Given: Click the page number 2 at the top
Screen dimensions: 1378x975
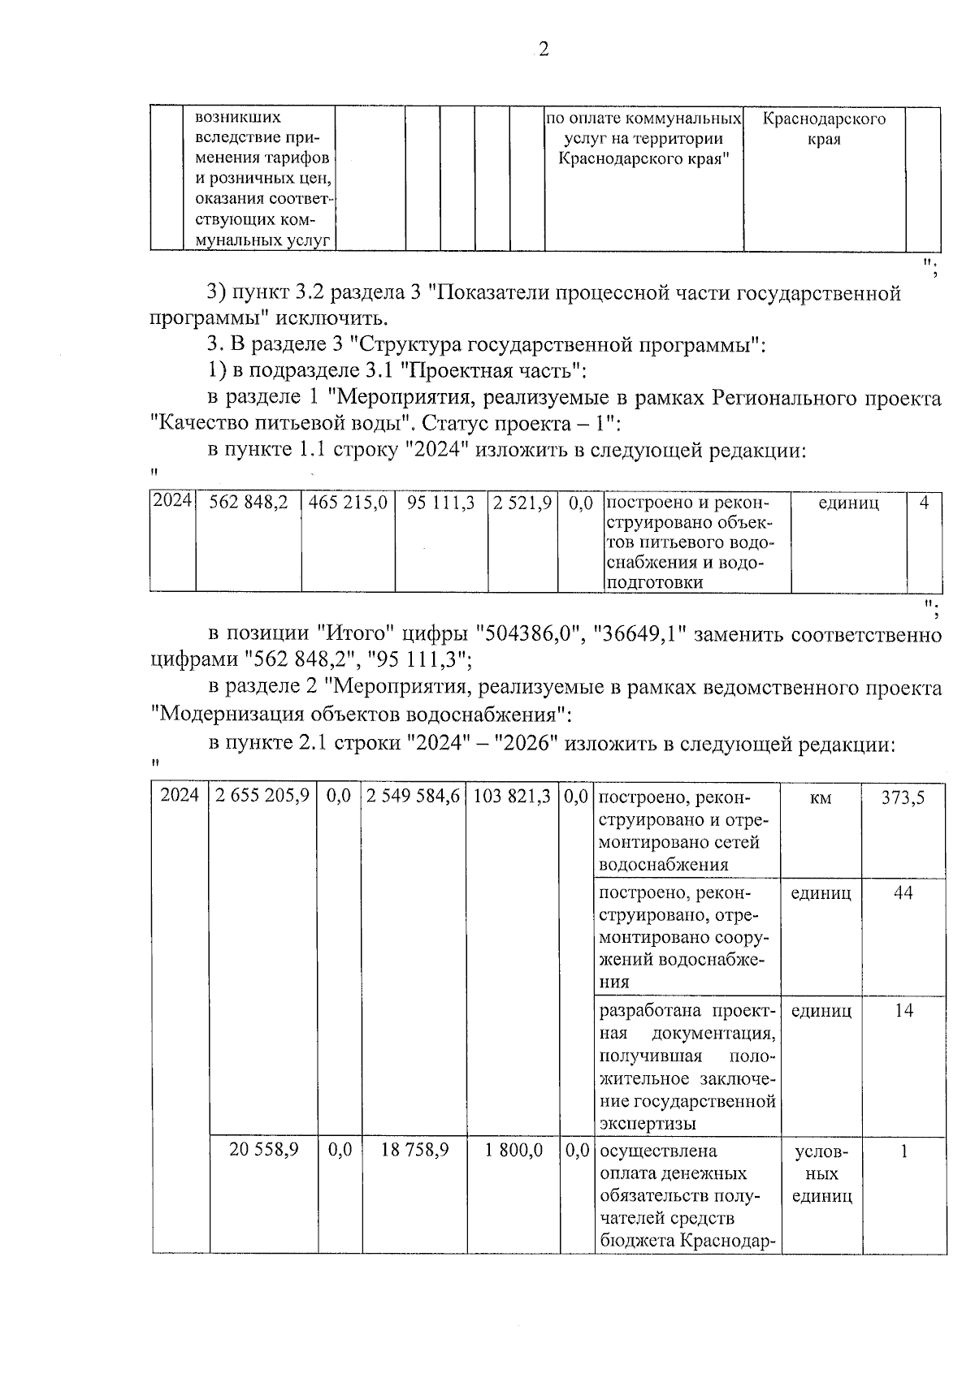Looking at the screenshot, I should [x=544, y=50].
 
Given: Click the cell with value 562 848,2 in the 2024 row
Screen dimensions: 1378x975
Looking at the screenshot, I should [x=248, y=503].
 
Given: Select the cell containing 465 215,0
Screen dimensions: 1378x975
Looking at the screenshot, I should [x=348, y=503].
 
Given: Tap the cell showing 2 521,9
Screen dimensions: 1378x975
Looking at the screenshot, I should [x=522, y=503].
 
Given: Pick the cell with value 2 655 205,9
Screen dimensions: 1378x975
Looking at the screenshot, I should [x=263, y=797].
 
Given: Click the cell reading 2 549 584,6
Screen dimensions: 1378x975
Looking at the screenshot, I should [x=414, y=797].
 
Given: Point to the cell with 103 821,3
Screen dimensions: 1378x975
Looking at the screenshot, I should [x=512, y=797].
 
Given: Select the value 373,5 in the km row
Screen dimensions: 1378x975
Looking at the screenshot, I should [x=903, y=797].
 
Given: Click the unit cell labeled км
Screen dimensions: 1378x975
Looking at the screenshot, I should [x=821, y=798].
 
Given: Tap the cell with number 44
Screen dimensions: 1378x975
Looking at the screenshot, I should [x=903, y=893].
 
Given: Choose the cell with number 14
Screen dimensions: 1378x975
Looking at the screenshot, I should [x=903, y=1011].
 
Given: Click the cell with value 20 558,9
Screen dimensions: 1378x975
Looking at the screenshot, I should [x=263, y=1151].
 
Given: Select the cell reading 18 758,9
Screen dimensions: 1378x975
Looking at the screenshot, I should [x=414, y=1151].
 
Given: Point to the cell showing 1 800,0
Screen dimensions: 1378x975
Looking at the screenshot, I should [x=514, y=1151].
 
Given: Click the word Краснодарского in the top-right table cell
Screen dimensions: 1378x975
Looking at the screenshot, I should [x=824, y=119].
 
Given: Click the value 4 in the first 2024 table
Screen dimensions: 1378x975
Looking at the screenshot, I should [x=924, y=503].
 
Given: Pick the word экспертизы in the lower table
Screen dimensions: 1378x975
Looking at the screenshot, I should [x=648, y=1124].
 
